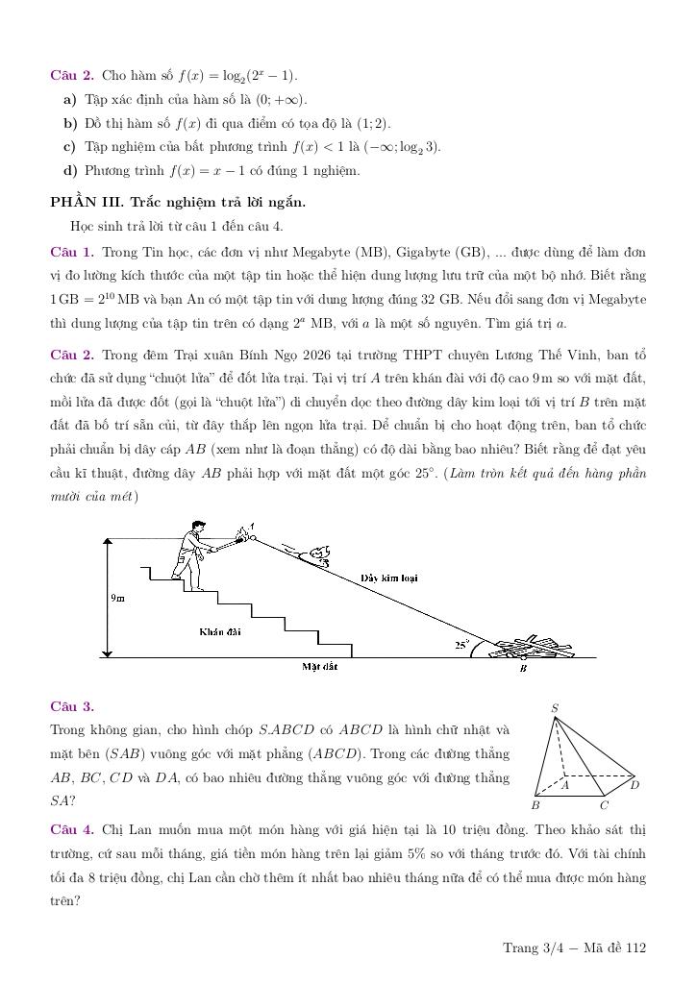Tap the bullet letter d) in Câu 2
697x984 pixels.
(x=70, y=171)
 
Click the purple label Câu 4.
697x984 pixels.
(x=72, y=828)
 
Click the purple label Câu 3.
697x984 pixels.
(x=72, y=706)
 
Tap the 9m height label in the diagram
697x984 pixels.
(x=117, y=598)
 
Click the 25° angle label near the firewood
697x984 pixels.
(x=462, y=646)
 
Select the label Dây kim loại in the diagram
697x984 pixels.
(x=389, y=578)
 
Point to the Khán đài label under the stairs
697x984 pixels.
(x=220, y=631)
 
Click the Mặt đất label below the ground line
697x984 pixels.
(x=319, y=665)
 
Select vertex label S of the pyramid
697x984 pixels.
(x=555, y=708)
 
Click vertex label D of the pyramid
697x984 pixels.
(x=635, y=784)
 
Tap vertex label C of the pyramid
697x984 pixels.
(x=604, y=806)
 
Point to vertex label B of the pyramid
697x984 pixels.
(x=535, y=806)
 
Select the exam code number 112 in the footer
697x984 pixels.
(x=635, y=948)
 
